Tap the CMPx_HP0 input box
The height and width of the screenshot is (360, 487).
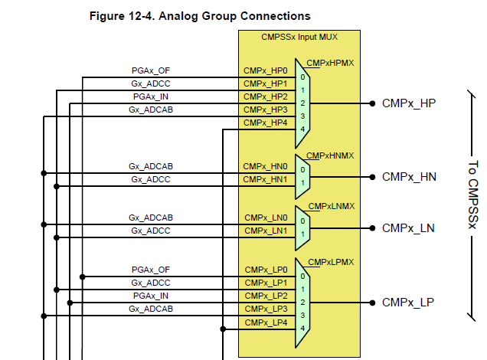coord(265,70)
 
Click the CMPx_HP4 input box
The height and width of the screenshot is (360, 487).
coord(265,123)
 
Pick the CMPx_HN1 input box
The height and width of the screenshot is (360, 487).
coord(265,179)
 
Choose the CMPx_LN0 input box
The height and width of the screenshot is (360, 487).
coord(265,218)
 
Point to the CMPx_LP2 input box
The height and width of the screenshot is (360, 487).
coord(265,296)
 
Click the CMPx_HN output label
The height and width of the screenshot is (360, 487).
coord(408,177)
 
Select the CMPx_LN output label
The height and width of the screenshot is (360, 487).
coord(408,227)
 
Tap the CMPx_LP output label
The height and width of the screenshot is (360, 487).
coord(408,303)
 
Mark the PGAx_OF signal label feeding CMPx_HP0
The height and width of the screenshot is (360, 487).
coord(151,70)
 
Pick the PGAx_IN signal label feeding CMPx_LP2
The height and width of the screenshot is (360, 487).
coord(151,296)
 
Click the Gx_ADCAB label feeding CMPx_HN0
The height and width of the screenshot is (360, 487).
coord(151,166)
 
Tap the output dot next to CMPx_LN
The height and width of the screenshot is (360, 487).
coord(372,227)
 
